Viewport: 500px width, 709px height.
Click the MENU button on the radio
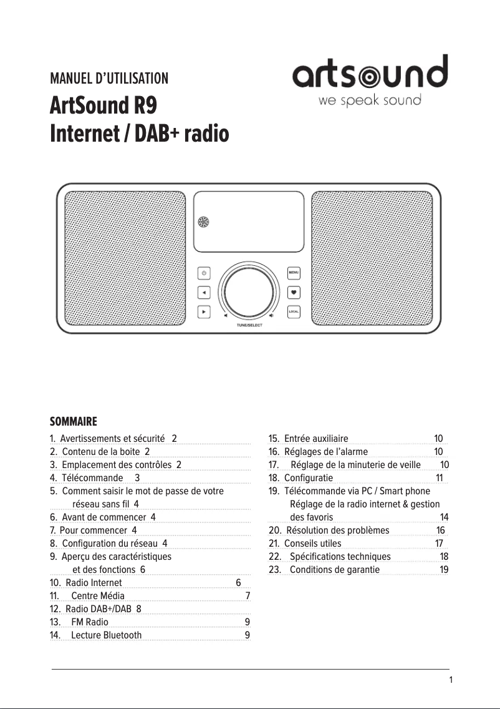point(294,273)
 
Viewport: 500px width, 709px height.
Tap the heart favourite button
point(294,292)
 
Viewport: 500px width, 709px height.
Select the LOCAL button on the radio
point(294,311)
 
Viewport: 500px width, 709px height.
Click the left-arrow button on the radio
point(204,292)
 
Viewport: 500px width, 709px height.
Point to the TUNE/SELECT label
point(249,326)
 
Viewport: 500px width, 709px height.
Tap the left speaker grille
point(125,257)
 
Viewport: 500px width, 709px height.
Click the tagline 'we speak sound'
point(370,100)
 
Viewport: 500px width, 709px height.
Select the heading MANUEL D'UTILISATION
point(109,79)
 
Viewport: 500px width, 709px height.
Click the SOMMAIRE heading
point(74,421)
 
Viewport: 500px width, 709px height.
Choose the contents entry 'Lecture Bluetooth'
point(106,635)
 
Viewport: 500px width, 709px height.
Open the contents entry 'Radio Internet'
point(94,583)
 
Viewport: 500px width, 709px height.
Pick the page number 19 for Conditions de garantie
point(444,570)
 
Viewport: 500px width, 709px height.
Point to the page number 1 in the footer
point(451,680)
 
